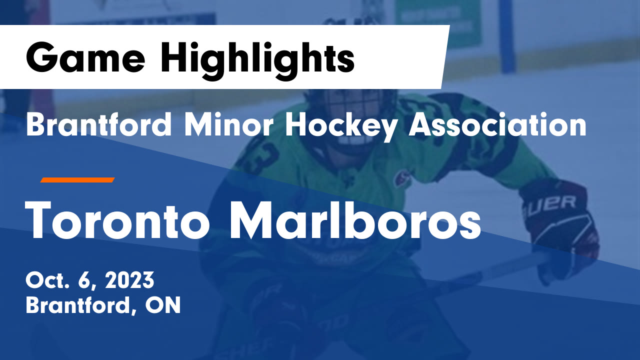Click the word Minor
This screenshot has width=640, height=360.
click(x=228, y=125)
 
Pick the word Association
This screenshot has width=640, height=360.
click(x=498, y=125)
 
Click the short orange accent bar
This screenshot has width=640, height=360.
click(x=77, y=180)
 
